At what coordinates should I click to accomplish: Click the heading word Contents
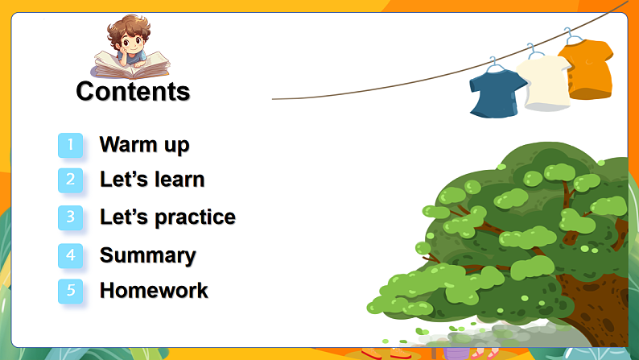[x=133, y=91]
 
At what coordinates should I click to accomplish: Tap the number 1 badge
[x=71, y=145]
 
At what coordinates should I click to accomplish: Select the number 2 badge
[x=71, y=180]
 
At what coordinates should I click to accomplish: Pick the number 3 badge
[x=71, y=217]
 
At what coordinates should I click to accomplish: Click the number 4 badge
[x=71, y=255]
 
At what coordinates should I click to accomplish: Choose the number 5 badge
[x=71, y=291]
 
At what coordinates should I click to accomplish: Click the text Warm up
[x=145, y=145]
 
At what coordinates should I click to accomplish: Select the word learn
[x=179, y=180]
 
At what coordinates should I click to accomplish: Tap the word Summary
[x=148, y=256]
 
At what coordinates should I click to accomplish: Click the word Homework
[x=154, y=291]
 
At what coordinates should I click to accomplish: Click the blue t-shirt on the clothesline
[x=497, y=93]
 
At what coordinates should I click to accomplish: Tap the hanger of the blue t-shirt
[x=495, y=65]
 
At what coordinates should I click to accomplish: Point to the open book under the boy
[x=132, y=66]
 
